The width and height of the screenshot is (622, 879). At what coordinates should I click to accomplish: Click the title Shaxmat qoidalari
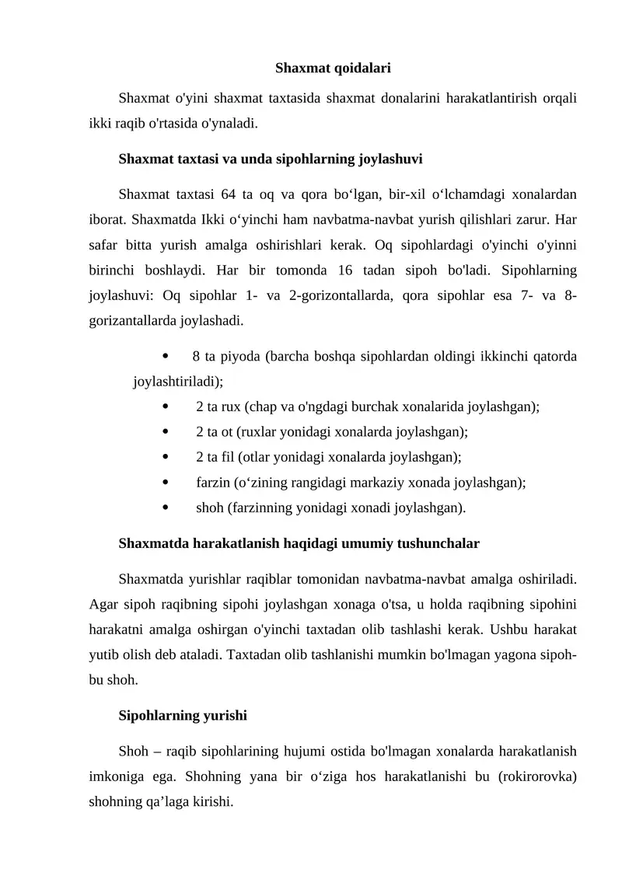(x=333, y=68)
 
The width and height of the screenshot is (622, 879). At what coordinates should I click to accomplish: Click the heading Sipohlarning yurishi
(x=183, y=716)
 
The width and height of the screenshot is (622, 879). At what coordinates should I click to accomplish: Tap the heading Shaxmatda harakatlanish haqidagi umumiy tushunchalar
(x=299, y=543)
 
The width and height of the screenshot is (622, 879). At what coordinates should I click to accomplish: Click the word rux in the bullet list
(x=231, y=406)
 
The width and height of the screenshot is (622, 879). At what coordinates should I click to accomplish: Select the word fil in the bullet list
(x=228, y=457)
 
